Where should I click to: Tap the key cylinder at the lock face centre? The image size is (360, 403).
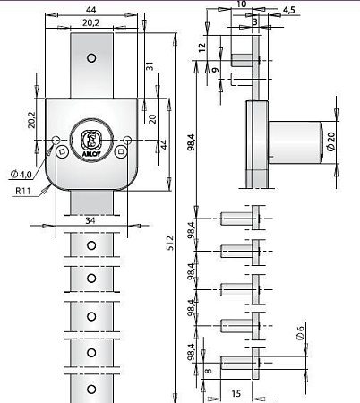click(x=90, y=139)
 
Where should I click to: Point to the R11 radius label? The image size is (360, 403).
click(x=24, y=191)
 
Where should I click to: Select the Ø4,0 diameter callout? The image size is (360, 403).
click(x=21, y=173)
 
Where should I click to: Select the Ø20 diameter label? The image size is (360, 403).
click(x=330, y=141)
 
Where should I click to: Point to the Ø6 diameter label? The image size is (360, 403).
click(x=301, y=335)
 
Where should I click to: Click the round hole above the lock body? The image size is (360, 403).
click(x=90, y=58)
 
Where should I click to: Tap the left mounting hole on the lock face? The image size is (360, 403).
click(x=56, y=140)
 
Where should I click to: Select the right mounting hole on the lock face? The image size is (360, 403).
click(x=125, y=140)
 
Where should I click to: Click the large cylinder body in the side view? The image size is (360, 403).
click(x=296, y=141)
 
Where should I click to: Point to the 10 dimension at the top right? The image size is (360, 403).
click(x=241, y=4)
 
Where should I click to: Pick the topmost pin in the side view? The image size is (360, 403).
click(x=243, y=59)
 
